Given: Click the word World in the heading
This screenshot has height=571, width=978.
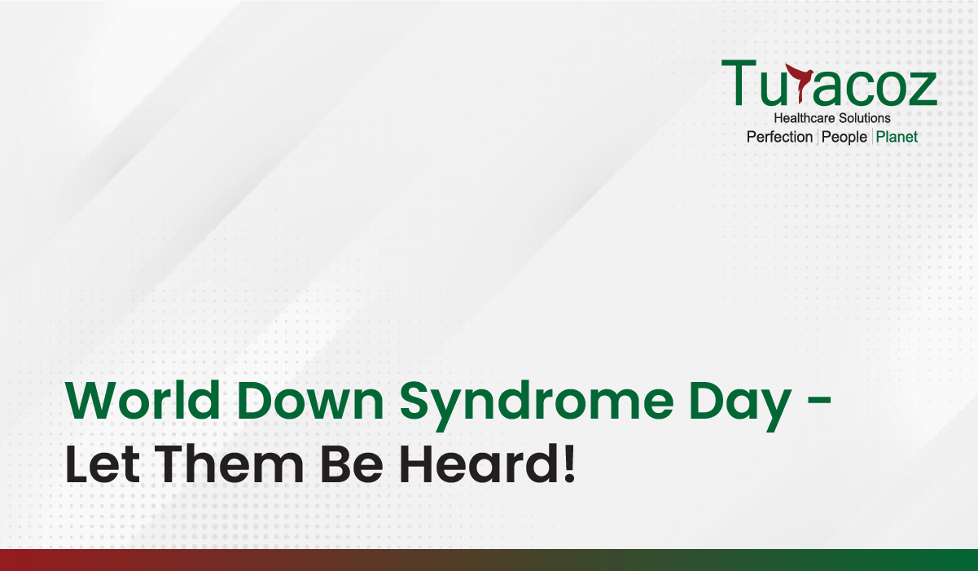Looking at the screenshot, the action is (143, 400).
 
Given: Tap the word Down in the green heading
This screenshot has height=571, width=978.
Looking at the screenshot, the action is (310, 400).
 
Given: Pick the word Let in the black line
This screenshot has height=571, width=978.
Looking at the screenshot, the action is (103, 463).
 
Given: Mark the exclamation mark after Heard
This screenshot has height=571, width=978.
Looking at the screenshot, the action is (568, 463).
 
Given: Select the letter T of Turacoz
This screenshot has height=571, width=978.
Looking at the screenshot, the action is (739, 82).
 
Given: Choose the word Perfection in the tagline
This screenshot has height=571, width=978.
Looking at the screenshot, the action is (779, 137).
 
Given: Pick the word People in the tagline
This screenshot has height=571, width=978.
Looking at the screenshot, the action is (844, 138).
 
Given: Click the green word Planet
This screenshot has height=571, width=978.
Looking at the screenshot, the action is (897, 137).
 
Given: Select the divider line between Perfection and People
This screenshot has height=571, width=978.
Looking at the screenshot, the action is (818, 137).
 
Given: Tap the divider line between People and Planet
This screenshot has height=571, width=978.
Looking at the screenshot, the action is (872, 137).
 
